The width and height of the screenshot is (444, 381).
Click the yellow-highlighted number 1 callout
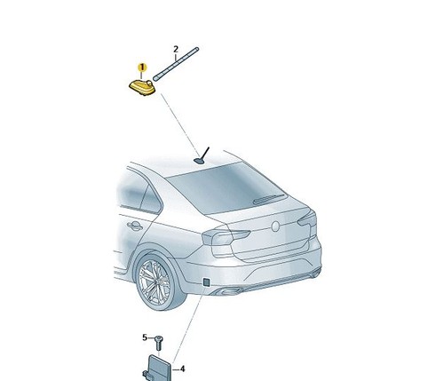click(x=142, y=67)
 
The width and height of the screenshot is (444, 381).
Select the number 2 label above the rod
click(x=176, y=49)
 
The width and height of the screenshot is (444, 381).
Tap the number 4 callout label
click(x=182, y=369)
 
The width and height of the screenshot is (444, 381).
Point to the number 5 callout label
click(x=145, y=337)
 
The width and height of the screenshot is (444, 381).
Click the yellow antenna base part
click(x=142, y=87)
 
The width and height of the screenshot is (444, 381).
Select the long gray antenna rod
click(x=176, y=64)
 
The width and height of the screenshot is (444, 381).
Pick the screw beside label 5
click(x=159, y=343)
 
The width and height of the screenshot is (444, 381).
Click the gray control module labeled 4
click(x=159, y=369)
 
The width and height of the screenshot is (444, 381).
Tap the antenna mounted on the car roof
click(x=202, y=155)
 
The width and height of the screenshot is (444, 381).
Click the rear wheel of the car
click(x=156, y=283)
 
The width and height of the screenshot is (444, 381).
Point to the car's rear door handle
click(x=135, y=226)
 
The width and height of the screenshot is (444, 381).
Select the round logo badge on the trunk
click(x=275, y=226)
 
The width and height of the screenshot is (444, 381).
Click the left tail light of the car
click(x=225, y=237)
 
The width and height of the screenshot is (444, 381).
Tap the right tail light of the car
click(x=307, y=220)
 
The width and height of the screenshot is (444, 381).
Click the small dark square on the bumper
click(x=206, y=282)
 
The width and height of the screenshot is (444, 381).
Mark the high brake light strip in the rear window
click(x=269, y=199)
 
